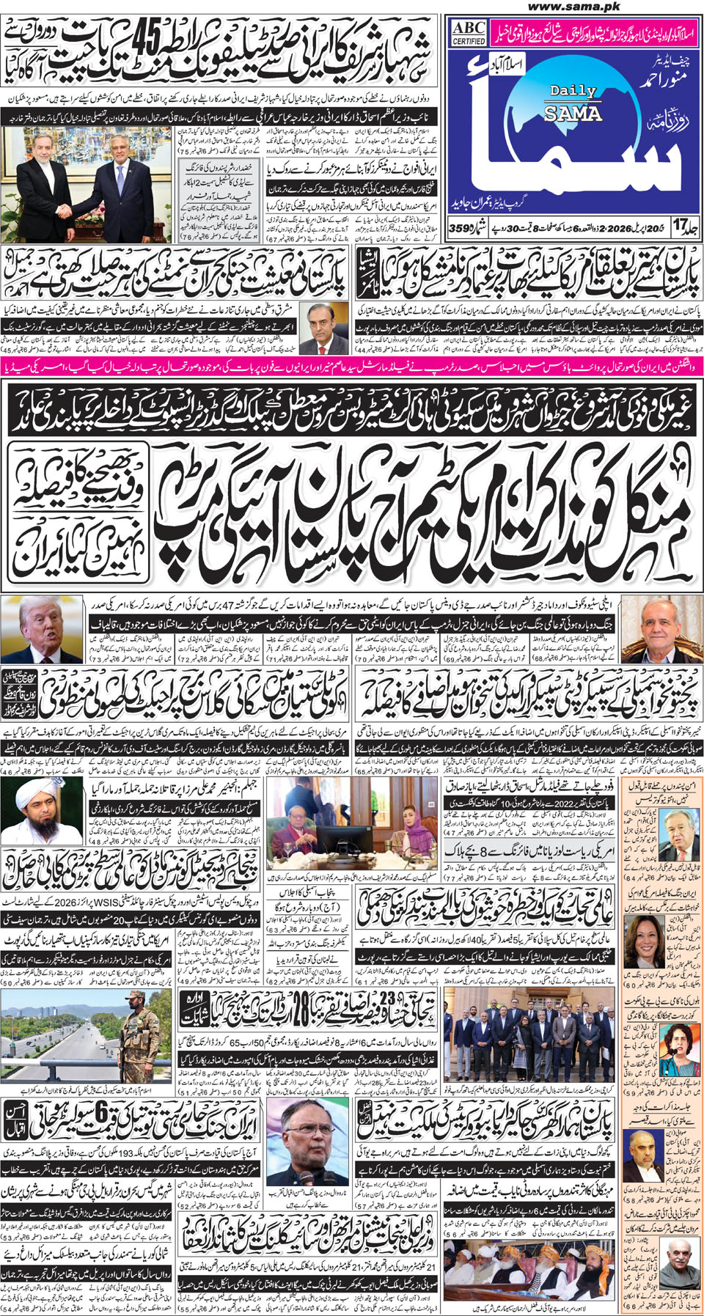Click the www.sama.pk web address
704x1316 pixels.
(574, 7)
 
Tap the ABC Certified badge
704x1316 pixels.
(469, 33)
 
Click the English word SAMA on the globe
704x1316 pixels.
(573, 113)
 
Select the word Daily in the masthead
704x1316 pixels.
(573, 91)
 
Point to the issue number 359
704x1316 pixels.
(461, 228)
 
